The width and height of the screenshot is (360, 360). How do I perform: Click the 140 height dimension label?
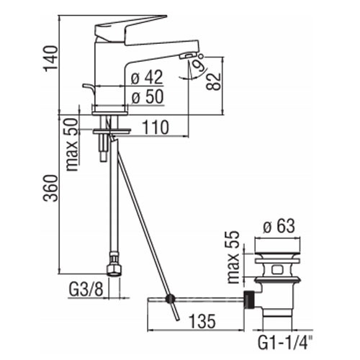click(x=50, y=58)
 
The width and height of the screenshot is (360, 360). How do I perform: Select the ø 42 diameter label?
click(x=147, y=77)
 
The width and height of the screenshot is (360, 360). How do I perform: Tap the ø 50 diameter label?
click(x=148, y=96)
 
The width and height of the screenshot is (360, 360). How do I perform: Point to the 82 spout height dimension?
click(x=213, y=81)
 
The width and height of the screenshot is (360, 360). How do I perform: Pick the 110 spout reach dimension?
click(x=156, y=127)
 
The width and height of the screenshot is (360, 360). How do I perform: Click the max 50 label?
click(x=72, y=145)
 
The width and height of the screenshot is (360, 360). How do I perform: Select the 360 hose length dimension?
click(x=50, y=188)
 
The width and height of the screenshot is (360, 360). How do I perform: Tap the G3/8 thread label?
click(x=86, y=289)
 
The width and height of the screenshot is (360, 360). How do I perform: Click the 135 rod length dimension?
click(x=202, y=321)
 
